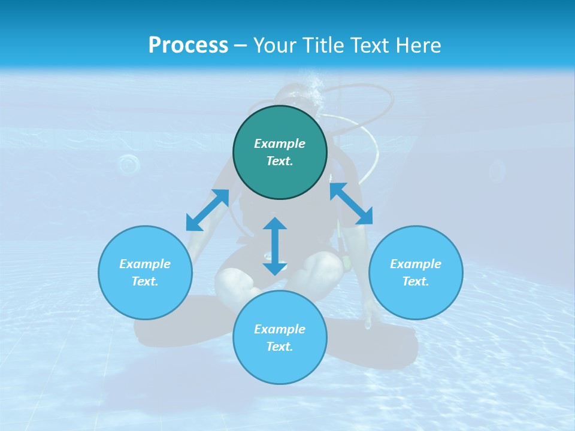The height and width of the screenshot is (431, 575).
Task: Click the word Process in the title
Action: [188, 45]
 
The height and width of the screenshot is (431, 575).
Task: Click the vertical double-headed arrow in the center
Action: [275, 246]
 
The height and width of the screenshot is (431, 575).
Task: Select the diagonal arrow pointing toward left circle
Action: [207, 210]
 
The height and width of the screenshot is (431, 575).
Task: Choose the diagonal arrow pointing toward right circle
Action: [351, 204]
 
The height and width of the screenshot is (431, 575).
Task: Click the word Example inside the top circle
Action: [280, 144]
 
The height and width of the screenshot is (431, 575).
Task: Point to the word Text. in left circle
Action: [145, 281]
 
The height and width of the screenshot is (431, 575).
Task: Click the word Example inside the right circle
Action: [416, 264]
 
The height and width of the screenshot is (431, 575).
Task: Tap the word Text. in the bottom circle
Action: [280, 347]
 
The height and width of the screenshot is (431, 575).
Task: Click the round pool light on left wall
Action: [128, 164]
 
